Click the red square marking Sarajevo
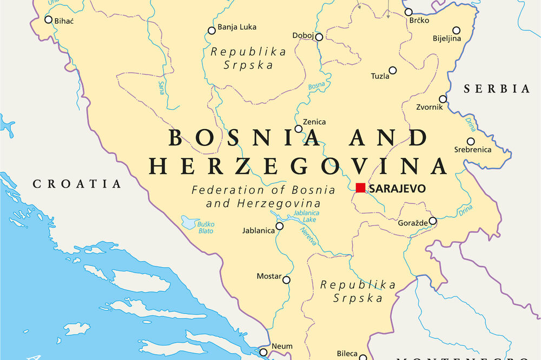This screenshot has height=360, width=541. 360,188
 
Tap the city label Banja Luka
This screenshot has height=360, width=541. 236,27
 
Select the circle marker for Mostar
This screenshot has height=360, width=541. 287,280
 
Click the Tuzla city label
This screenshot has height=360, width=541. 380,76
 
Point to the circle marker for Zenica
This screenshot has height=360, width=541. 298,129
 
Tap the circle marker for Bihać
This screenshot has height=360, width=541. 48,19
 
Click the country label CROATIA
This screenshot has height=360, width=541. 77,184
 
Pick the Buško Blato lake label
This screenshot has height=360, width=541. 206,228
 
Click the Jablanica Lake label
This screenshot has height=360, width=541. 306,216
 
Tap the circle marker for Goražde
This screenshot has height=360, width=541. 433,221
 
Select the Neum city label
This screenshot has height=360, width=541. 282,346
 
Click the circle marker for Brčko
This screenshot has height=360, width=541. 408,12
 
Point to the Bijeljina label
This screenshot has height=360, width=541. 447,38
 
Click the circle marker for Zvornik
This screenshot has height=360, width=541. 443,99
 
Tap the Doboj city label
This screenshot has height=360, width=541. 302,36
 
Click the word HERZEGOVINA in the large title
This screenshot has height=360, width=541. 298,166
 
